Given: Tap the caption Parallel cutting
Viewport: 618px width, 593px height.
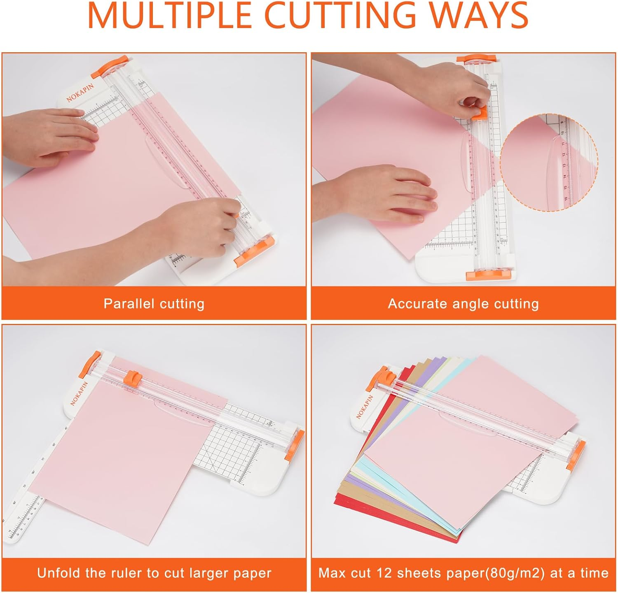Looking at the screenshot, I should [154, 304].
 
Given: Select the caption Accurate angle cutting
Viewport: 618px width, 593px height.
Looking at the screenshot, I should [463, 304].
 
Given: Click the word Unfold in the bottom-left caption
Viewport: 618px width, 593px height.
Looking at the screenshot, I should [58, 573].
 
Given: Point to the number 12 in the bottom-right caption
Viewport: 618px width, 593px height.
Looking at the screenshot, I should [383, 573].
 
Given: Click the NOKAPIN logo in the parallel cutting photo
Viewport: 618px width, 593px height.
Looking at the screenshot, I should [80, 93].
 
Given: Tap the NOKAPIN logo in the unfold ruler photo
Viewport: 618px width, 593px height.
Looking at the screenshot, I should [80, 393].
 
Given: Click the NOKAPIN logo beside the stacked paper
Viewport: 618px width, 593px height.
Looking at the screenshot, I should [365, 407].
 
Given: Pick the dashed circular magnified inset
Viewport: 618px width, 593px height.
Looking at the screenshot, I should [549, 163].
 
